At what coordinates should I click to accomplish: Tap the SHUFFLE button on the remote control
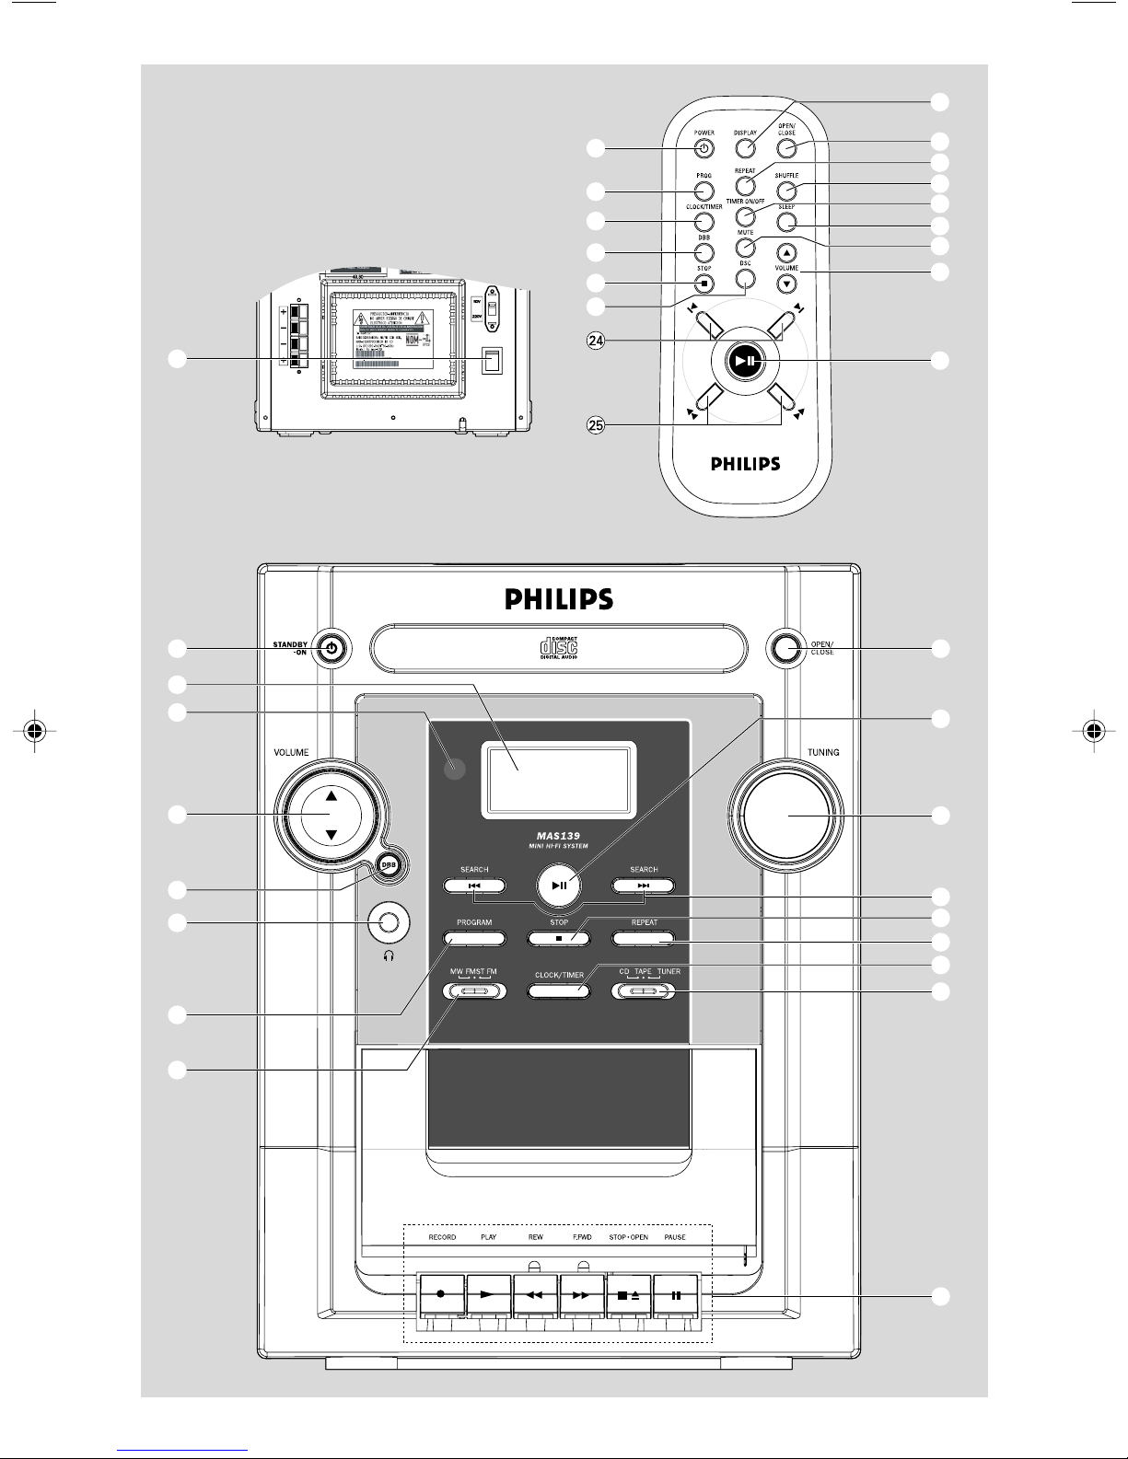[785, 191]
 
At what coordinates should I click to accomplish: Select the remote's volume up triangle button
[785, 252]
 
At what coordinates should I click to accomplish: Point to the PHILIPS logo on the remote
[746, 463]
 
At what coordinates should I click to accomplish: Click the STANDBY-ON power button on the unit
[332, 649]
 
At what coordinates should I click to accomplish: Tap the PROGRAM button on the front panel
[475, 939]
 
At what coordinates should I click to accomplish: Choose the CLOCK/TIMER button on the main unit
[559, 991]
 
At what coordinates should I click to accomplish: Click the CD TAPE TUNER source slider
[644, 991]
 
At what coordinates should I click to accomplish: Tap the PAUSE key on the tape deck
[677, 1295]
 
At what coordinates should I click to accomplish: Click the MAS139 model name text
[559, 836]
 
